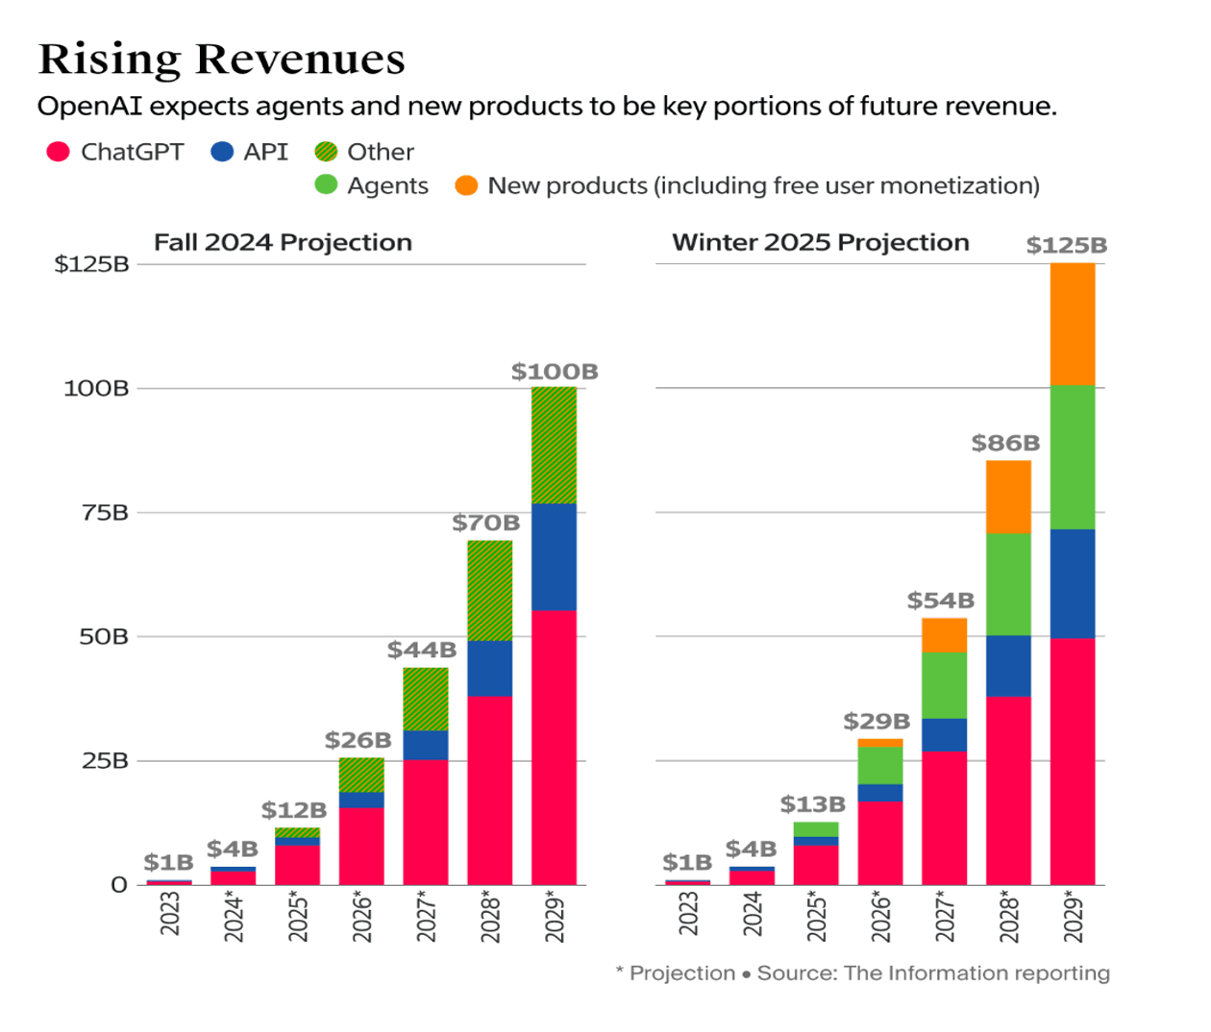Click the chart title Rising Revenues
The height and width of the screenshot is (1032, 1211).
click(x=221, y=60)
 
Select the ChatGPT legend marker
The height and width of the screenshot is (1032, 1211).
click(x=59, y=152)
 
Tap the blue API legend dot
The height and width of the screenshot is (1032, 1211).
click(x=222, y=152)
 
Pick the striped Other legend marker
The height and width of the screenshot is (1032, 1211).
click(x=327, y=152)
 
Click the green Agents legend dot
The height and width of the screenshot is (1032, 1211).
click(x=327, y=184)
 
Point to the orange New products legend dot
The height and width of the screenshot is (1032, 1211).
click(x=466, y=184)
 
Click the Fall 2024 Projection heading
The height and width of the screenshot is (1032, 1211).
click(x=283, y=242)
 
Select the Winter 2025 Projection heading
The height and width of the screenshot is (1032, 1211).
click(x=820, y=242)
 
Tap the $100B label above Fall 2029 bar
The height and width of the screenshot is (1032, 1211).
click(x=555, y=371)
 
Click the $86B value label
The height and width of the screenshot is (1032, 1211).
click(x=1005, y=443)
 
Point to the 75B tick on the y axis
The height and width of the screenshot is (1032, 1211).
click(x=105, y=512)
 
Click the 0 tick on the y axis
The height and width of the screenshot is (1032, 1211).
click(x=119, y=884)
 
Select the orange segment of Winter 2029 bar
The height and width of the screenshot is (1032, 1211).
click(x=1073, y=325)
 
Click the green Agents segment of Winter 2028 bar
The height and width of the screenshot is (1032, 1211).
click(x=1008, y=584)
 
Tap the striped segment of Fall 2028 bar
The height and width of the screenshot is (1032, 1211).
click(x=489, y=591)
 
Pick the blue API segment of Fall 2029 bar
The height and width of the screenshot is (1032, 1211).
click(x=554, y=556)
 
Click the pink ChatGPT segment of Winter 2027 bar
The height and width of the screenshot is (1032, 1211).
click(x=944, y=817)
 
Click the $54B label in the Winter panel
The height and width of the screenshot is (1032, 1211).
click(x=941, y=601)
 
